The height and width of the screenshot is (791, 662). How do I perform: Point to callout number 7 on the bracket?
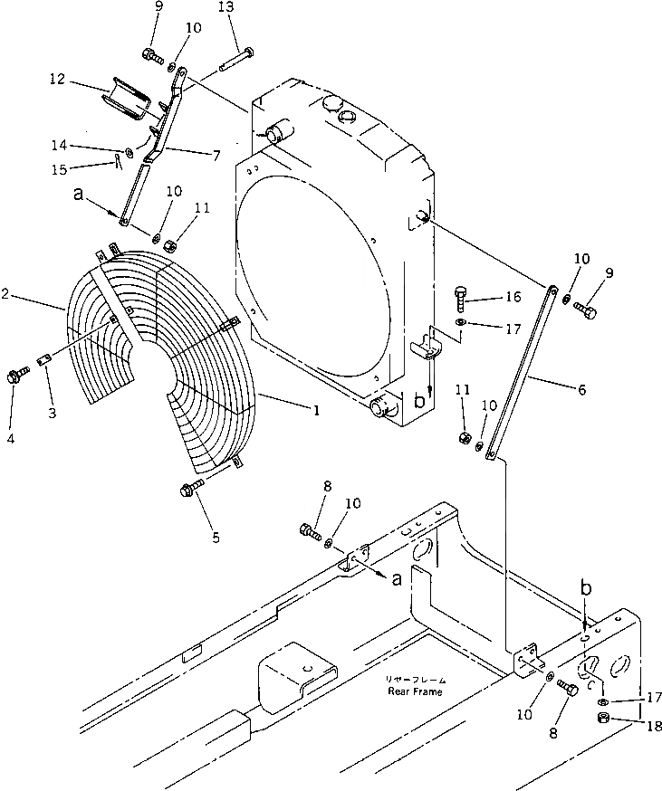[216, 156]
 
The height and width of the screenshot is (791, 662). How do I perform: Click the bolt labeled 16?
[462, 294]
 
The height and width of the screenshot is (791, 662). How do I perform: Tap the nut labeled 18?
[605, 720]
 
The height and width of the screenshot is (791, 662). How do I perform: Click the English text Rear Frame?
[412, 691]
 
